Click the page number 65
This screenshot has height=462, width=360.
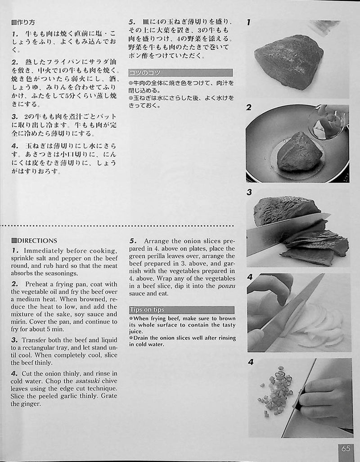pos(346,448)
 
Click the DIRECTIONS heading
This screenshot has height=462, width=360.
pos(34,241)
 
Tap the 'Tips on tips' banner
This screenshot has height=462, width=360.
pos(182,309)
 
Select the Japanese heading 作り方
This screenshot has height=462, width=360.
pos(23,22)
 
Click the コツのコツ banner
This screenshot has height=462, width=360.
pos(180,72)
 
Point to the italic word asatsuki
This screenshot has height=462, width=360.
pos(87,381)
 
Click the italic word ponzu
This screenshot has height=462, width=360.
pos(226,286)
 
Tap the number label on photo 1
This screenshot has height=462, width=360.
pos(248,22)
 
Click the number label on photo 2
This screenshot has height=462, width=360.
pos(249,107)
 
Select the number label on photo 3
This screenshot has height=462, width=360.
pos(249,192)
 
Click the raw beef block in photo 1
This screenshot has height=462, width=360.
pos(288,62)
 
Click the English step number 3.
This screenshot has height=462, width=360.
pos(15,340)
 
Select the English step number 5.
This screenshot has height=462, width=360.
pos(133,241)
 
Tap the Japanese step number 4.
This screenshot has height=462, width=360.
pos(15,146)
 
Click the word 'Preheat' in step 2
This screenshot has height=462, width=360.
pos(36,284)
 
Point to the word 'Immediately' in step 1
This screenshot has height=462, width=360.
pos(44,251)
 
